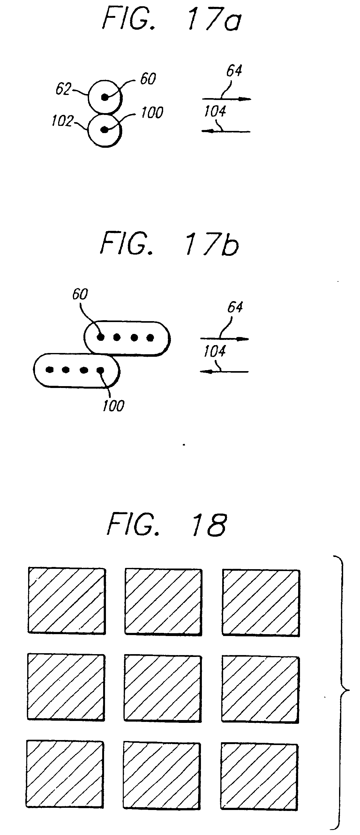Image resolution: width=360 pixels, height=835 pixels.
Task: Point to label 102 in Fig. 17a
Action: coord(62,121)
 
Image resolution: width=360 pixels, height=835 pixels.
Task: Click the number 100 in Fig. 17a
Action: coord(152,112)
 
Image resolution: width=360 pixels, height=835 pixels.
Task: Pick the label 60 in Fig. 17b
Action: coord(80,294)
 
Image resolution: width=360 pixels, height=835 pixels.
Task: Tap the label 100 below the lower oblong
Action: coord(113,406)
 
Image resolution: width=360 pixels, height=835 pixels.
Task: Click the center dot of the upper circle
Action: coord(104,97)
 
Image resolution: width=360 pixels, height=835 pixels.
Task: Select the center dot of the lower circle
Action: coord(104,130)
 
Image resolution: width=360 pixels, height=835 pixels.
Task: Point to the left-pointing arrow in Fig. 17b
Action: coord(224,371)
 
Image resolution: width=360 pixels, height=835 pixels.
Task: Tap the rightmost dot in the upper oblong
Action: coord(150,338)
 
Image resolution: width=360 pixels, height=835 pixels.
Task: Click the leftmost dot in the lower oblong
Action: coord(50,370)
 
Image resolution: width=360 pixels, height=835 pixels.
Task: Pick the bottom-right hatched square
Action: coord(259,777)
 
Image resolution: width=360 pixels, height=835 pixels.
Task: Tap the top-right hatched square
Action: coord(261,603)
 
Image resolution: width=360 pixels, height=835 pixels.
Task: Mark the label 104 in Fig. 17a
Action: coord(215,112)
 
